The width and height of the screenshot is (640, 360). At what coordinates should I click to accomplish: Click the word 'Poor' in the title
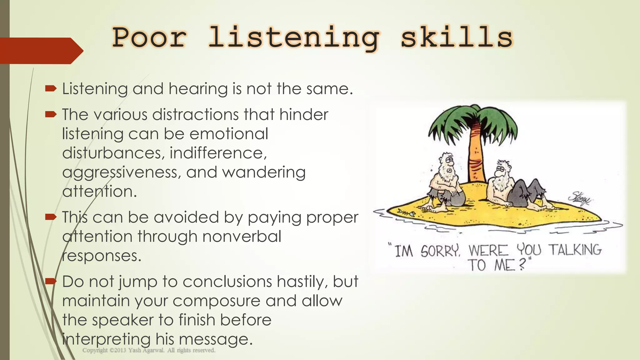pos(149,38)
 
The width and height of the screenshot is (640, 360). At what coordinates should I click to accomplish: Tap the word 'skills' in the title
pos(457,38)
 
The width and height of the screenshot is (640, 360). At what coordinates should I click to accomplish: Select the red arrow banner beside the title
pos(41,51)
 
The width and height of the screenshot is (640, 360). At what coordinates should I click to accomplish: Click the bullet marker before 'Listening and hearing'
pos(51,89)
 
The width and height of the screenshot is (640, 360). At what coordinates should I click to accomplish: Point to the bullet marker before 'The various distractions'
pos(51,114)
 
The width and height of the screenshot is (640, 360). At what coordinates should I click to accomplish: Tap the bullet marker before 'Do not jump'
pos(51,282)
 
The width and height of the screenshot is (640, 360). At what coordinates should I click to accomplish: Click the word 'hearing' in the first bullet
pos(198,89)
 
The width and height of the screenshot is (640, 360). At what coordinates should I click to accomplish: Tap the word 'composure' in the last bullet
pos(216,301)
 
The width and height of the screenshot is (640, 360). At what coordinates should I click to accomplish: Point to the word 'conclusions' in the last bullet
pos(227,282)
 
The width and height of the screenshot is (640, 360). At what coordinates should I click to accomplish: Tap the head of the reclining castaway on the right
pos(502,170)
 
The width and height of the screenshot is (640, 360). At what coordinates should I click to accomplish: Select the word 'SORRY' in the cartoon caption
pos(440,251)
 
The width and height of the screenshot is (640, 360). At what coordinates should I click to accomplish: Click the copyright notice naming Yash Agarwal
pos(149,350)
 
